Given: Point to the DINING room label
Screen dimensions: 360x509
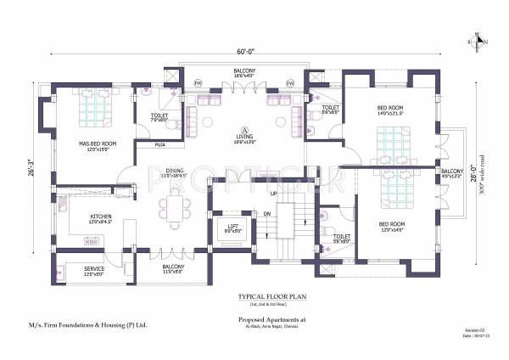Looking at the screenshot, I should point(175,168).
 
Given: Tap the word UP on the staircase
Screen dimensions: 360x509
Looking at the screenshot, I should point(273,194).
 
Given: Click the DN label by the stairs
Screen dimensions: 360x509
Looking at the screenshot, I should point(268,214).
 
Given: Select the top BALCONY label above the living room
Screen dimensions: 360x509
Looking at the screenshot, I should point(245,70).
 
